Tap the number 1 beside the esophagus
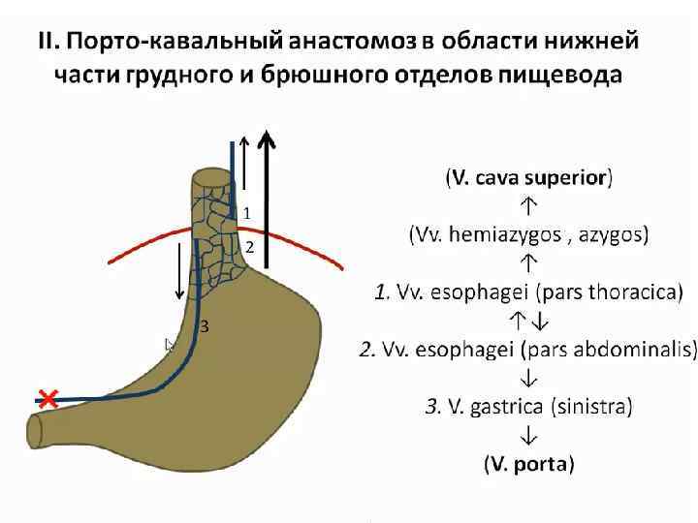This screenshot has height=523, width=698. pyautogui.click(x=247, y=212)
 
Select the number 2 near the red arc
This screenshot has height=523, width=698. pyautogui.click(x=249, y=247)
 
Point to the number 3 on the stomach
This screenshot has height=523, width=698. pyautogui.click(x=205, y=327)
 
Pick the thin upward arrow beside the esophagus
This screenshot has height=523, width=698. pyautogui.click(x=244, y=169)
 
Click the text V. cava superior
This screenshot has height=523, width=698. pyautogui.click(x=529, y=178)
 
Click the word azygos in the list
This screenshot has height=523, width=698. pyautogui.click(x=611, y=233)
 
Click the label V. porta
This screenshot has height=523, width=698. pyautogui.click(x=529, y=463)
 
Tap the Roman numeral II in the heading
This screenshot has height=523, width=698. pyautogui.click(x=46, y=43)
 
